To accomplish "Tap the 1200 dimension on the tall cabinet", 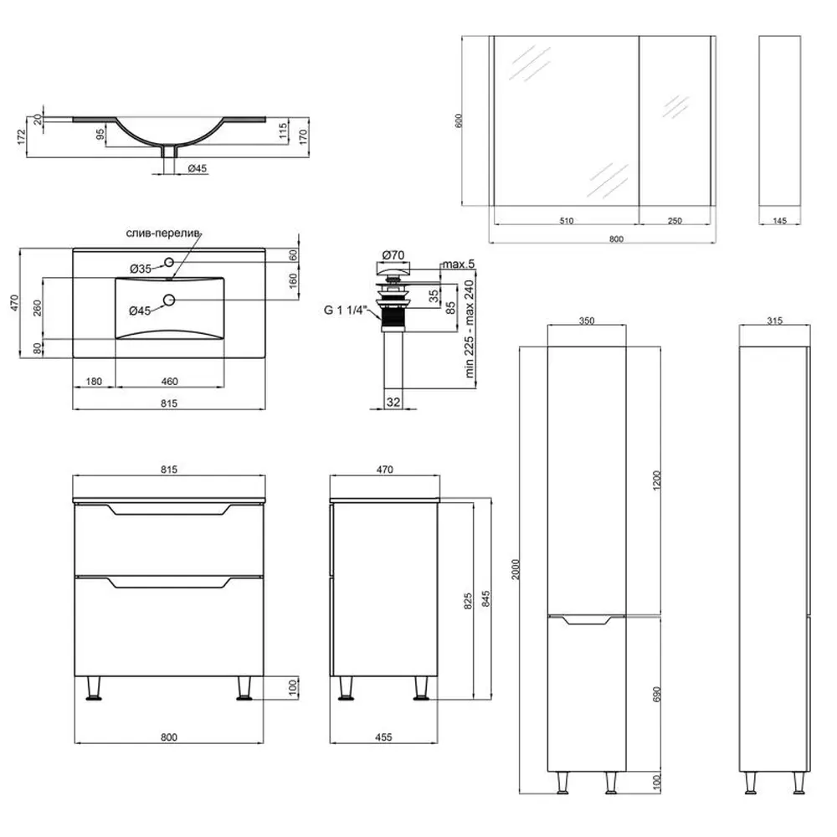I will (x=658, y=480).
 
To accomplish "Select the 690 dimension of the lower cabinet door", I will (x=658, y=694).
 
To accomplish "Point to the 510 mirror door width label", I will (x=566, y=221).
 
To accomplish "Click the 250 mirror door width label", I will (x=675, y=221).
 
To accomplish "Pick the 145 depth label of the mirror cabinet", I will (x=779, y=221).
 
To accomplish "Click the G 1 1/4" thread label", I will (x=346, y=310).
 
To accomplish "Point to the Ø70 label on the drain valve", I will (x=393, y=254).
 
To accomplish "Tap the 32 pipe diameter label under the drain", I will (x=393, y=402).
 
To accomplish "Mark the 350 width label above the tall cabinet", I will (x=586, y=320).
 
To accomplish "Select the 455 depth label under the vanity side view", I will (x=383, y=737).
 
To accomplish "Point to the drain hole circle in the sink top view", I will (x=168, y=300).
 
